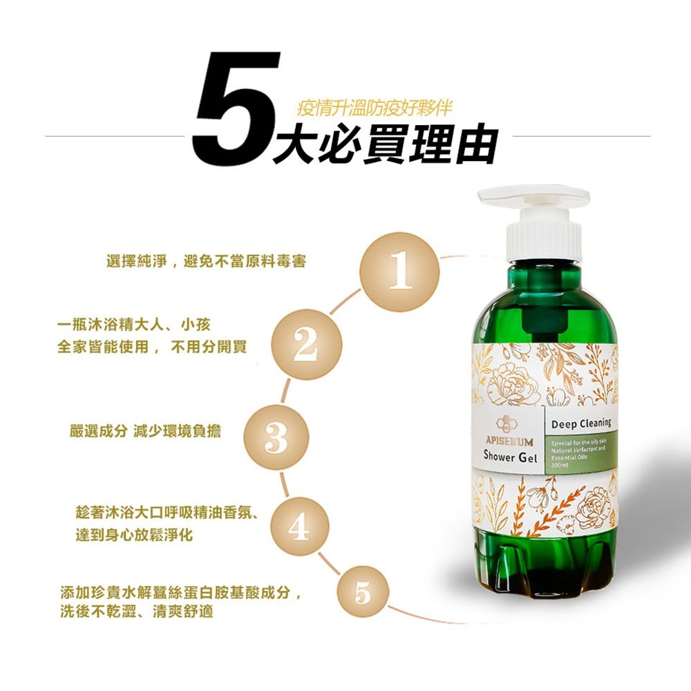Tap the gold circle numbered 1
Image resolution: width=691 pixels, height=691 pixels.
[400, 272]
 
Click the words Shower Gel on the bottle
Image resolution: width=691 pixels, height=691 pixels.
[511, 457]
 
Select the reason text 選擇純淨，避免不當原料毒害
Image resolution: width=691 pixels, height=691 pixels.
[207, 262]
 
